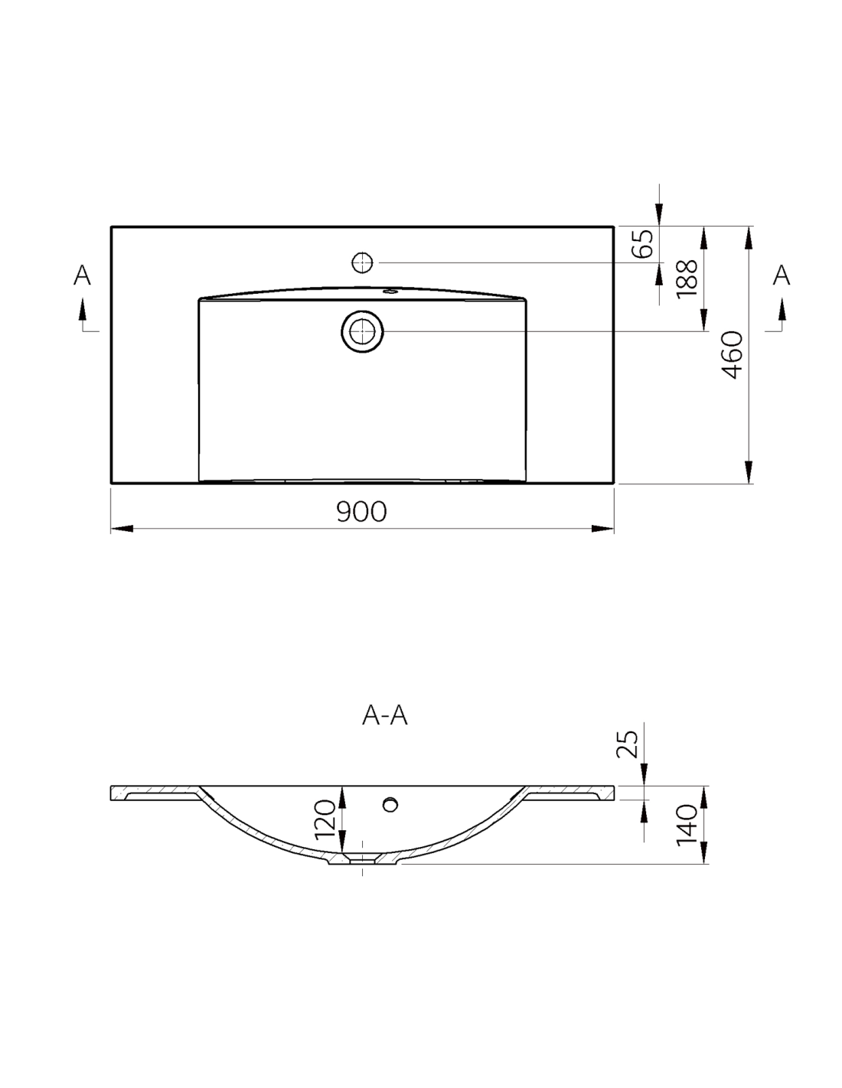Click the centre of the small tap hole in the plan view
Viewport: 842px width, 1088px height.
point(362,262)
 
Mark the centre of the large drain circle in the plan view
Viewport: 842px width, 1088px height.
point(362,331)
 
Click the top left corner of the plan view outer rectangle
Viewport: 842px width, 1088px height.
point(111,226)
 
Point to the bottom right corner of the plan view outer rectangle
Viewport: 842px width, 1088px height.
point(614,484)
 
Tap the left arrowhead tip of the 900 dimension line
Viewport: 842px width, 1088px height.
point(111,529)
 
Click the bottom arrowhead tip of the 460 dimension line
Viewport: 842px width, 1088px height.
point(749,484)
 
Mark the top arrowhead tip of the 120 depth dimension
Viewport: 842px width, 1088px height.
point(342,786)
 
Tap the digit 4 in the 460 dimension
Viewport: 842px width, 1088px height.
point(733,371)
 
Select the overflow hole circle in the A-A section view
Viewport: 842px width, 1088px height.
point(390,805)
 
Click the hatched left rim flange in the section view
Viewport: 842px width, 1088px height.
point(155,792)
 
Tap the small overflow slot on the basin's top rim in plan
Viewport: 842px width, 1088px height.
point(390,291)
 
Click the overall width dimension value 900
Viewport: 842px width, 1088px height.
point(361,511)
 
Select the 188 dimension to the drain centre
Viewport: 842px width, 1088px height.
point(687,279)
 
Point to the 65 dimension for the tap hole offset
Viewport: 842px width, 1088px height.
point(643,244)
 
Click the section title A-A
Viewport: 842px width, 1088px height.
point(385,716)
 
